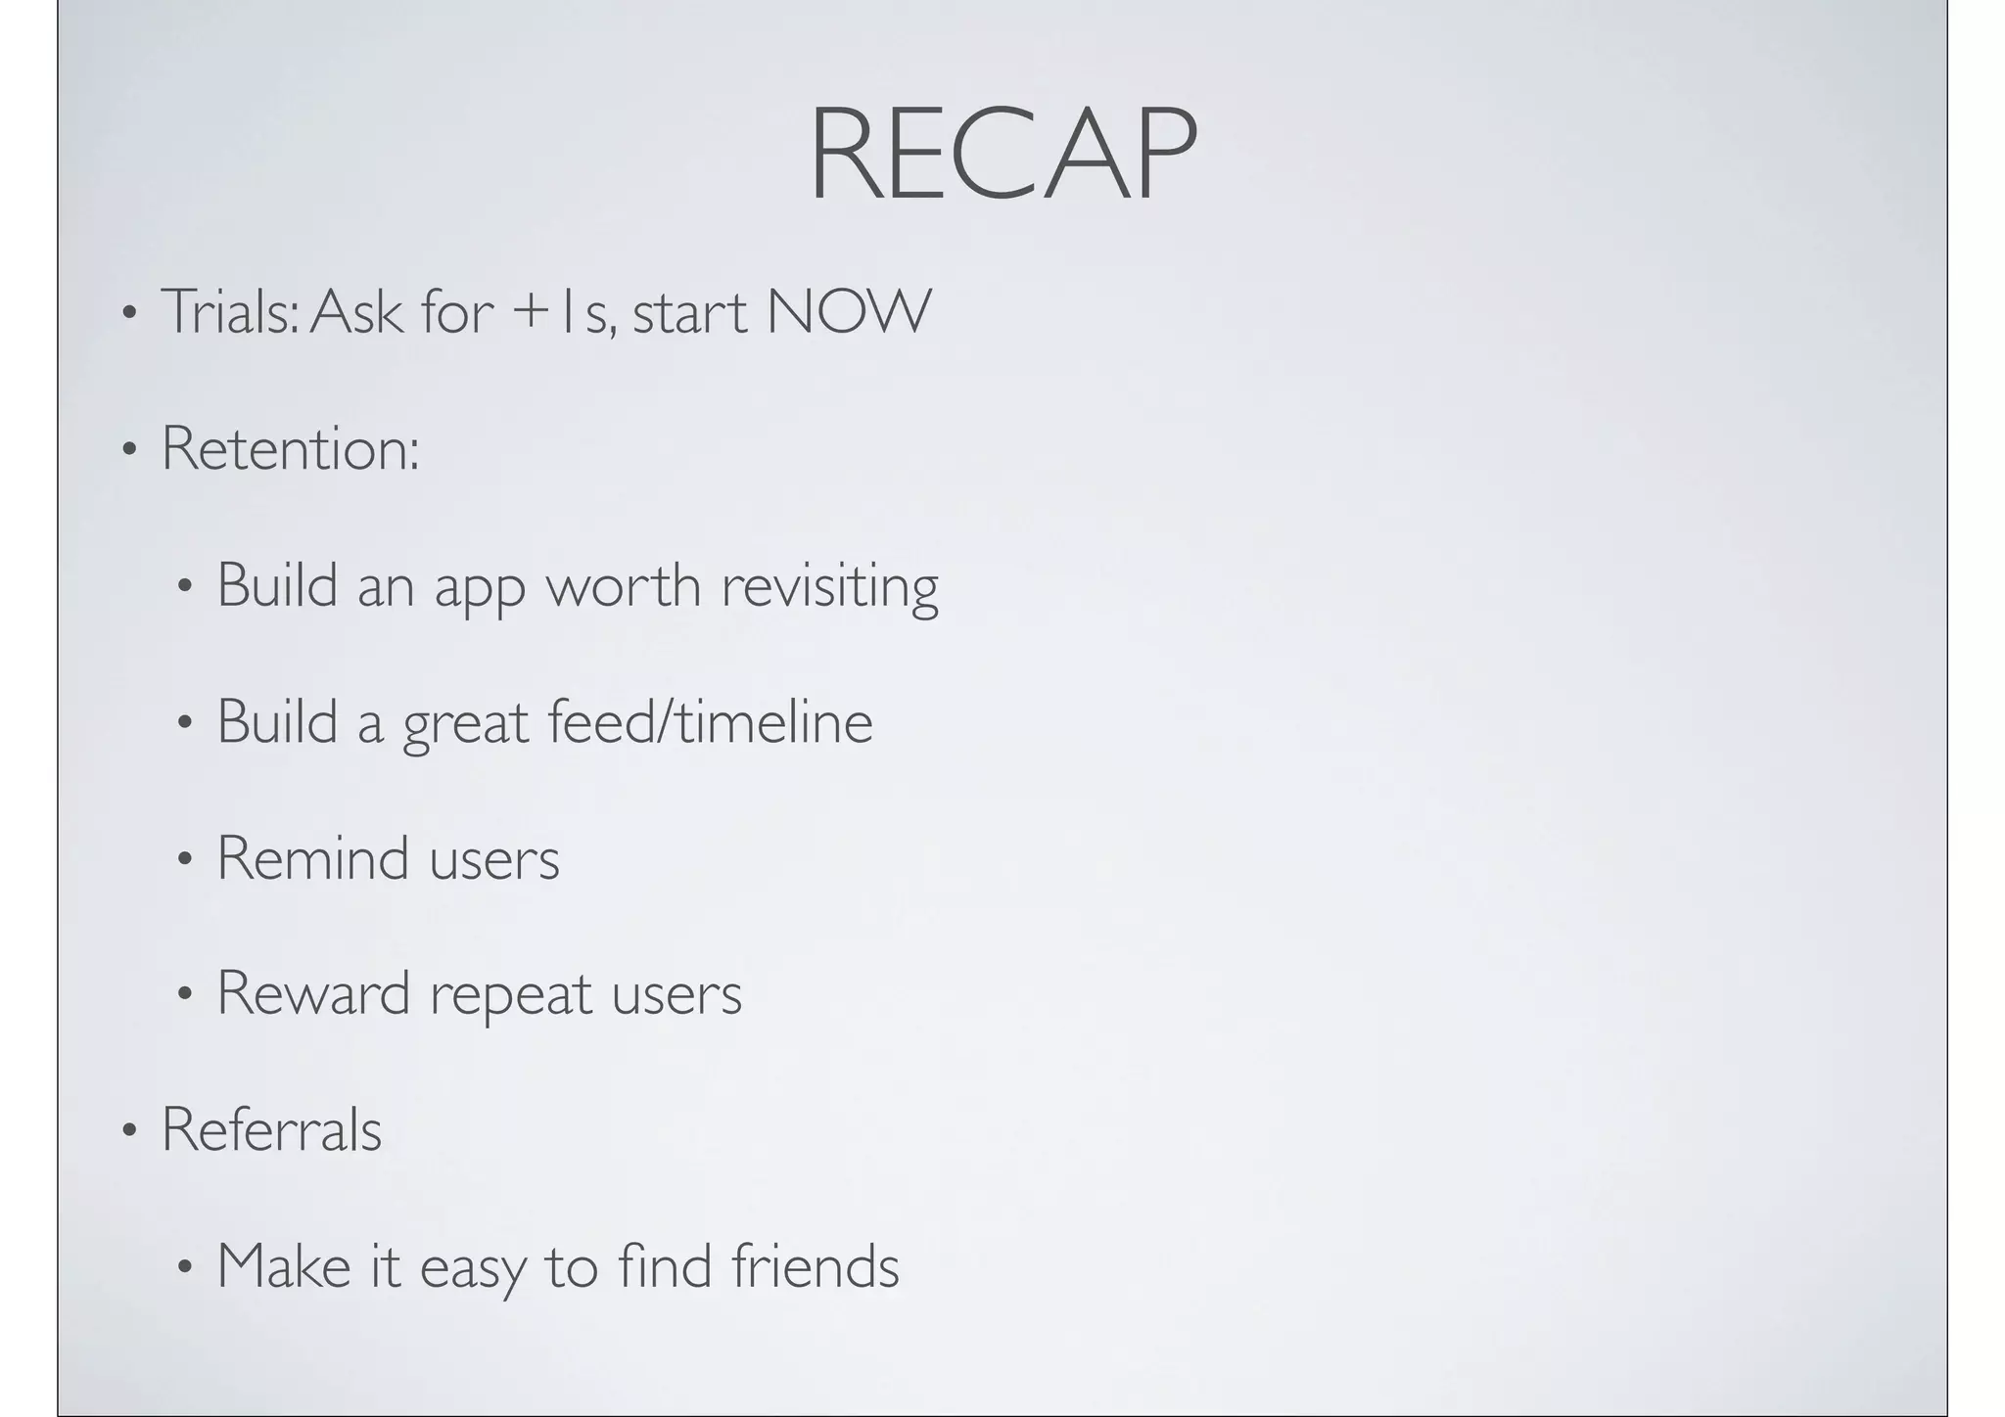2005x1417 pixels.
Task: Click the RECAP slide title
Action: (1002, 156)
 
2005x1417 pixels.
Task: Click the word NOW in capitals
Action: (849, 311)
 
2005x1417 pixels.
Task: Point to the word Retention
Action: (290, 448)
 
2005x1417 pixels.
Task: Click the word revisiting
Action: (829, 585)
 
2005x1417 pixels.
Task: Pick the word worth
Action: (623, 585)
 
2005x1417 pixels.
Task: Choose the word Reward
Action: (313, 993)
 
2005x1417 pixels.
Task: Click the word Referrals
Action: (271, 1129)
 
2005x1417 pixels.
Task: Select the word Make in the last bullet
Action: (284, 1265)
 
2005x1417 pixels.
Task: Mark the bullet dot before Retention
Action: (128, 451)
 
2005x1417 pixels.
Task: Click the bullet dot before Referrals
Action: (128, 1132)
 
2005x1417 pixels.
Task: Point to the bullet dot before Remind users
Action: (184, 861)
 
